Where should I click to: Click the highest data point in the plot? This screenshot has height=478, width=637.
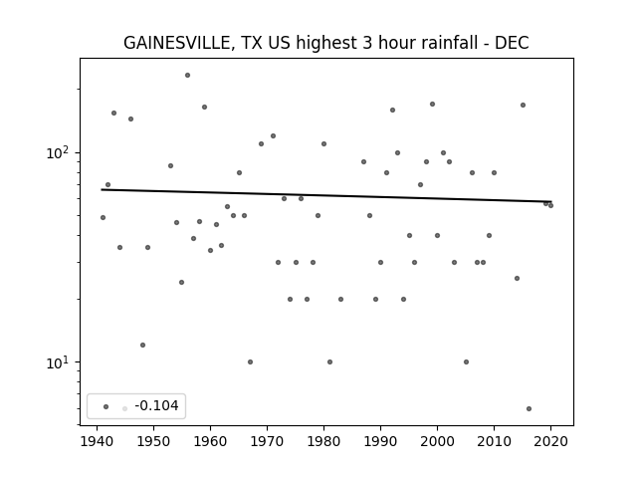187,76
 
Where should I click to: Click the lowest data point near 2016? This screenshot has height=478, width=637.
529,409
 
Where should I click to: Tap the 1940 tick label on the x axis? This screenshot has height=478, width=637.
97,441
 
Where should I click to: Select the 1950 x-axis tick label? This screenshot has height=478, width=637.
153,441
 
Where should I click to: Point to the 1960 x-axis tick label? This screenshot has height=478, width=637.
210,441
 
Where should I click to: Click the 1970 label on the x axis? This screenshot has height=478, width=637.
267,441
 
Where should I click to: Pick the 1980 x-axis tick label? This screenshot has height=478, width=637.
323,441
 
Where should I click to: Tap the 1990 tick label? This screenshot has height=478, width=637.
380,441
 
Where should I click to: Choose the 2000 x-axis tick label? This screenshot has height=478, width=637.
437,441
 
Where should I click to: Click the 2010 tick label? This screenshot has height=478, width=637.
494,441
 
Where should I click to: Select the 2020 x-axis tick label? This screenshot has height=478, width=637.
550,441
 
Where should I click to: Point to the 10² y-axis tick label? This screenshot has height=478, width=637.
59,152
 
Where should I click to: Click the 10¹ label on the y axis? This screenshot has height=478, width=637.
59,362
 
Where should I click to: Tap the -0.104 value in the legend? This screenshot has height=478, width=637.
157,405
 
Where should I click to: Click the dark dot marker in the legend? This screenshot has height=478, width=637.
106,406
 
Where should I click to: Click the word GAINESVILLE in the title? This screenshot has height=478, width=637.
177,43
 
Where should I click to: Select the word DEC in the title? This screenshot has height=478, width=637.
512,43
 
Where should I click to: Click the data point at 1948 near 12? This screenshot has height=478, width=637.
142,346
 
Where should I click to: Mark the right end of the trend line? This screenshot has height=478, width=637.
550,201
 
